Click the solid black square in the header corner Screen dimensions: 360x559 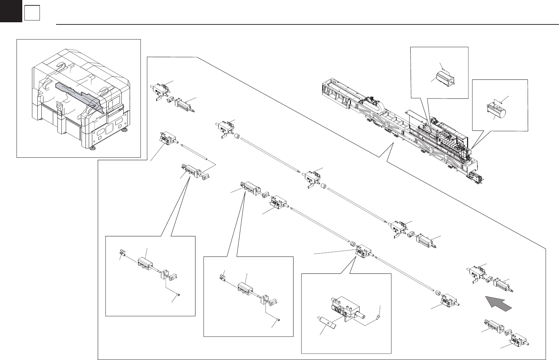coord(10,11)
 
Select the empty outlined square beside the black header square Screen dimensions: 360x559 coord(32,14)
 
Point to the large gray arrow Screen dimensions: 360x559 coord(498,304)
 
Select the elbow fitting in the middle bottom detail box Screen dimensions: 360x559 coord(223,276)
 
